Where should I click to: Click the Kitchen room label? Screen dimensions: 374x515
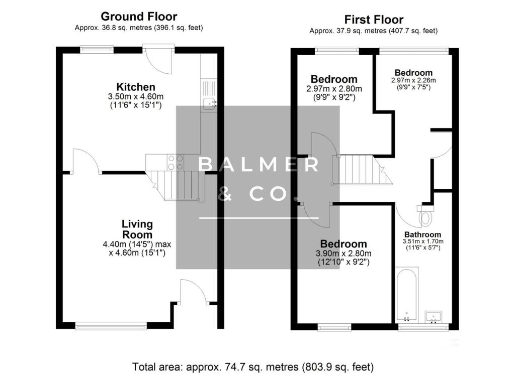point(136,87)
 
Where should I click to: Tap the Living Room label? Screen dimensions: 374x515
point(137,229)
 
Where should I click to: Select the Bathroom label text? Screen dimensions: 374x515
point(422,234)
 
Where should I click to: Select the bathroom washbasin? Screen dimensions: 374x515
point(434,316)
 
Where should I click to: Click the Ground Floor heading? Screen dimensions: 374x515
point(139,17)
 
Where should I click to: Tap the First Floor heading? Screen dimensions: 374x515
point(374,20)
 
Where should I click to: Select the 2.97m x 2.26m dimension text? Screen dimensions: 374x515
point(413,80)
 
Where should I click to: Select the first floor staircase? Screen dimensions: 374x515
point(360,170)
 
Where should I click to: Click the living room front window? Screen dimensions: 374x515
point(111,326)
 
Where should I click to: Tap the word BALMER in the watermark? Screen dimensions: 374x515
point(257,165)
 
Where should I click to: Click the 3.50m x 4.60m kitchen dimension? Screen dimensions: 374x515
point(136,96)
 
